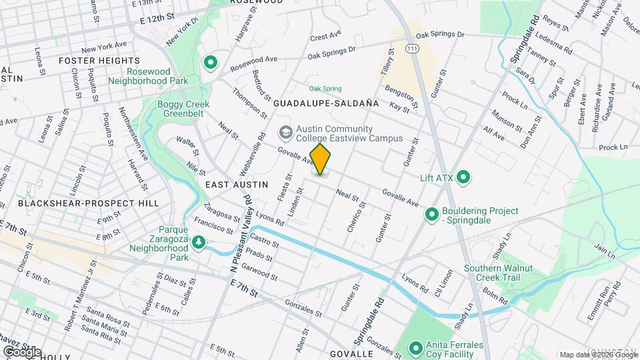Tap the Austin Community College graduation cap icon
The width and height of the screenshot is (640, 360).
coord(285,132)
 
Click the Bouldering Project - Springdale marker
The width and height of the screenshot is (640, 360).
coord(432,215)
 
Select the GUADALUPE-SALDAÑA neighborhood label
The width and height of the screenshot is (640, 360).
coord(325,104)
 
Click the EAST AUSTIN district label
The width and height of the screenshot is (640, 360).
coord(236,184)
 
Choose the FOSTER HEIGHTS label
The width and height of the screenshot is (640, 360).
coord(90,60)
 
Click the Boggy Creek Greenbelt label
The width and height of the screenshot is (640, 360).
coord(183,109)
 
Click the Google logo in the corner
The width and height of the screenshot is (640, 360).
coord(21,351)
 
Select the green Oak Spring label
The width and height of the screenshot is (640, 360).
coord(325,89)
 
